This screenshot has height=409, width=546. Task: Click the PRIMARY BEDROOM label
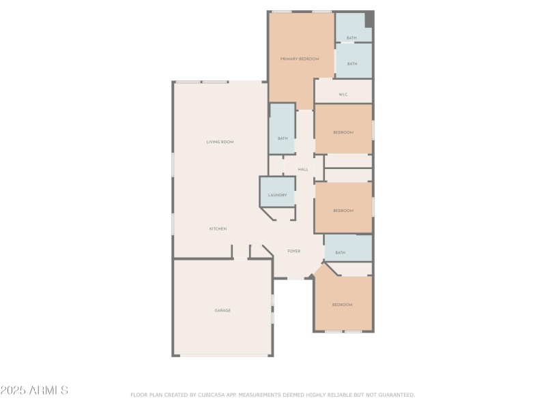point(300,59)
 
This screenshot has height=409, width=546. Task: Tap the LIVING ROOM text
point(220,142)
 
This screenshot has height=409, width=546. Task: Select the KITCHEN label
point(218,229)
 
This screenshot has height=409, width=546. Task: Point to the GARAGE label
point(222,311)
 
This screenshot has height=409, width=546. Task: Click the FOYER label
point(294,251)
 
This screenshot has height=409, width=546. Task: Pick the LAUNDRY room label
point(278,195)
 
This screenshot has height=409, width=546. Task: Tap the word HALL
point(303,170)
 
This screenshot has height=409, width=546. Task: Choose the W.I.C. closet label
point(343,95)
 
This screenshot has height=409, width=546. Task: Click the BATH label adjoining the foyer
point(340,253)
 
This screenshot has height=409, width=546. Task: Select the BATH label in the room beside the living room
point(283,138)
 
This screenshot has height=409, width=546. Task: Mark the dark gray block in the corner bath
point(369,20)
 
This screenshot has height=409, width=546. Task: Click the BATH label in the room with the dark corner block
point(351,38)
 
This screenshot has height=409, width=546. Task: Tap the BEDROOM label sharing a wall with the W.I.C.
point(343,132)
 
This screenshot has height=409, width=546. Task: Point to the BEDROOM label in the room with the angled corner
point(343,305)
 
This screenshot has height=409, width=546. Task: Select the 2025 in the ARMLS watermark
point(13,390)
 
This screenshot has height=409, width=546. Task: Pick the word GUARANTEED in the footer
point(397,395)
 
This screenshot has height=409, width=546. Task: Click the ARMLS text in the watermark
point(48,390)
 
